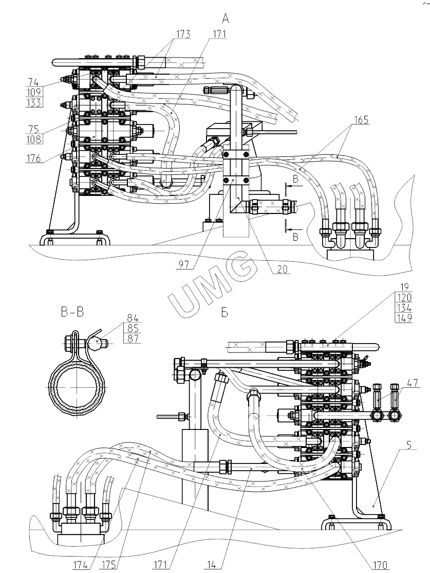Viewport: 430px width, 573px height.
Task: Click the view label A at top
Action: coord(225,19)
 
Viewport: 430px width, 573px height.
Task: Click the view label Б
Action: coord(224,313)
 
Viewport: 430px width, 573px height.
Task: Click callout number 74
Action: coord(34,82)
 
